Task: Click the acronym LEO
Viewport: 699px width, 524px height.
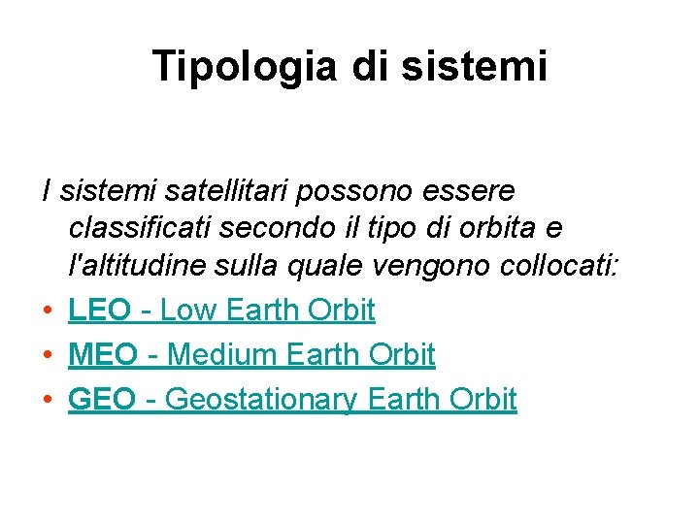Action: [99, 310]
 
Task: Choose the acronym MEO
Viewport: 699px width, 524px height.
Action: [102, 354]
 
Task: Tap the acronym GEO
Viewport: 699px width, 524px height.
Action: [102, 399]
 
